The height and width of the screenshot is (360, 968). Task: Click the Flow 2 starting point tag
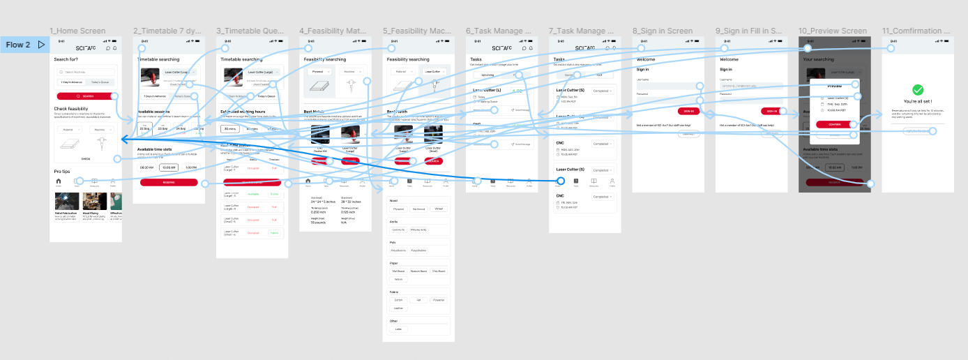(24, 45)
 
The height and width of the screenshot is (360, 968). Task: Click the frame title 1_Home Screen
(77, 31)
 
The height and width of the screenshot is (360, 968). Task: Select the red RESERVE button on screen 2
(168, 182)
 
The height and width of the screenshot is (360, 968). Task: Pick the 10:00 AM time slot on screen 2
(168, 167)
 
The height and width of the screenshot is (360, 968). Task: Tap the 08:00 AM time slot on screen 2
(147, 167)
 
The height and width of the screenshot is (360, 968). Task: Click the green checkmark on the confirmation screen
(918, 90)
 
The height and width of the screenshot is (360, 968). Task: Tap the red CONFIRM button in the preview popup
(834, 124)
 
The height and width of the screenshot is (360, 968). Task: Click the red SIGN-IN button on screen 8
(688, 111)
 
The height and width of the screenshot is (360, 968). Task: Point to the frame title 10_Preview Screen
(833, 31)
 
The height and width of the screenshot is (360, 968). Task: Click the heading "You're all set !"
(918, 102)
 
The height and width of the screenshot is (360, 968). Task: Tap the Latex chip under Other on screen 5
(398, 329)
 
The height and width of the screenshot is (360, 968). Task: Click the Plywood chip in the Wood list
(398, 209)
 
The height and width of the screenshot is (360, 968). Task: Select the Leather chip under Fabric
(398, 308)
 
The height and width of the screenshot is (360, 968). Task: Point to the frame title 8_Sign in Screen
(663, 31)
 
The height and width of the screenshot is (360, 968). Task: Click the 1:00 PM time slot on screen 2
(190, 167)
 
